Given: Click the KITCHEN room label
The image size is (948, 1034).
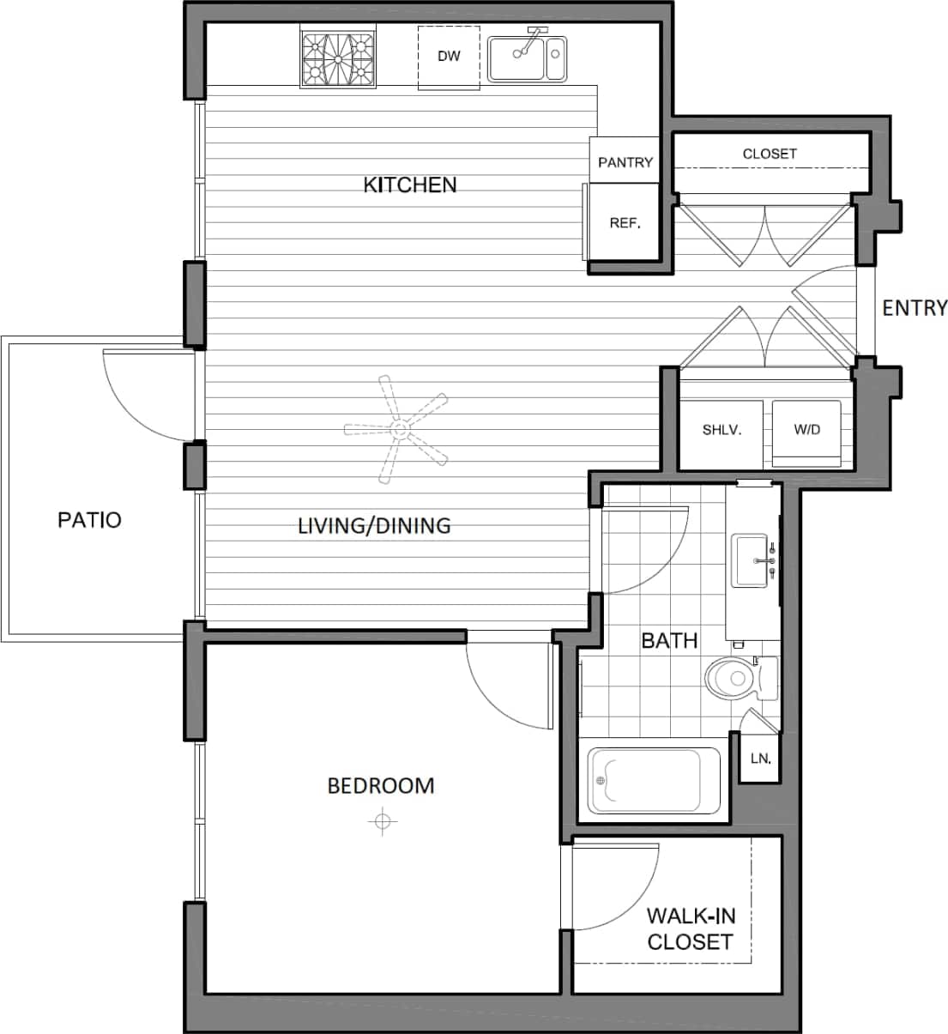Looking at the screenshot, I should coord(410,184).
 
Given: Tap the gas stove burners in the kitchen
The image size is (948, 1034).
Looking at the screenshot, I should coord(338,59).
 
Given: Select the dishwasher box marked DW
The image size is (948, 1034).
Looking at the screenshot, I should coord(449,57).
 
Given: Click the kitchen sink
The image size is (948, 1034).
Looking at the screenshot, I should coord(527,58).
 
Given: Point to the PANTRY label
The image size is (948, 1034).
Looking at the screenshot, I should coord(625,162).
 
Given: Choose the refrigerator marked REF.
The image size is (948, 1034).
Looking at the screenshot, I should coord(625,223).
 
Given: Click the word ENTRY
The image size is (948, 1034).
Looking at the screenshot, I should coord(915,308).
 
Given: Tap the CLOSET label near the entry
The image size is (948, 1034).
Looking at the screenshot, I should coord(770,154).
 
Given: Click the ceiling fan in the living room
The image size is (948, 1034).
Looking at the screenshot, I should coord(396,426).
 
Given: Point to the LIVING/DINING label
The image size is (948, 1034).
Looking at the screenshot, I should coord(374,525).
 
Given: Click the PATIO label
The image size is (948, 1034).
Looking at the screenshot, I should coord(89,519).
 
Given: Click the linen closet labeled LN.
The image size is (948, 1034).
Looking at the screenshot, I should coord(760,759).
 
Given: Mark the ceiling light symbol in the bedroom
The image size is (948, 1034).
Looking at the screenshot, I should coord(381,822).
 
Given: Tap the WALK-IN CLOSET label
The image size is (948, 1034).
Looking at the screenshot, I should coord(690,928).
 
